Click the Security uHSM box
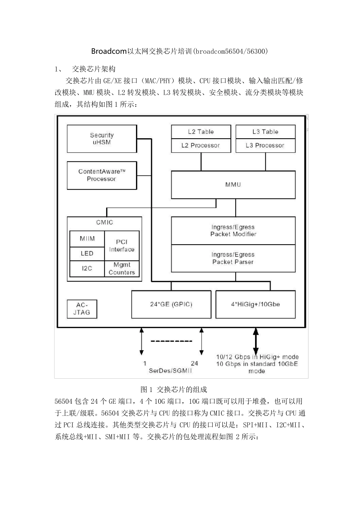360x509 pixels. pos(102,139)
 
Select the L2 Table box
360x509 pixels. pos(201,132)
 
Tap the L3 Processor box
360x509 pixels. pos(265,145)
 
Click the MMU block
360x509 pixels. pos(233,184)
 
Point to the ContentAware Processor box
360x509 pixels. pos(102,175)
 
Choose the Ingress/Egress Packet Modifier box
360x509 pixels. pos(233,231)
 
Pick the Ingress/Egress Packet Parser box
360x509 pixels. pos(233,258)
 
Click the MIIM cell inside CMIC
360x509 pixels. pos(87,239)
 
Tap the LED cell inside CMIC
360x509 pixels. pos(87,253)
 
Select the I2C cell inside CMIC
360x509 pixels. pos(87,268)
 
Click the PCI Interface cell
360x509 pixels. pos(122,245)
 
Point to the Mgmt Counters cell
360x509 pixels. pos(122,269)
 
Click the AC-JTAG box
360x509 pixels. pos(82,309)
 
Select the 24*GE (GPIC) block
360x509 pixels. pos(171,304)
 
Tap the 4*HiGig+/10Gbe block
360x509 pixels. pos(255,304)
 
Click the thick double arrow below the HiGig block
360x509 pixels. pos(256,341)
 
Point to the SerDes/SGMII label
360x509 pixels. pos(170,371)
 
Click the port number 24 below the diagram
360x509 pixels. pos(194,363)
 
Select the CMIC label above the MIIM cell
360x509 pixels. pos(104,222)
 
